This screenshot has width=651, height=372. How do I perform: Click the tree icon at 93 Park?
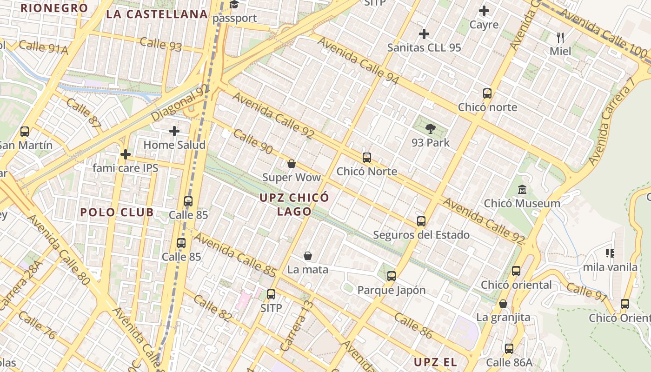pos(430,129)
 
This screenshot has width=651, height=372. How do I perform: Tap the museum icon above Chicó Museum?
pos(522,190)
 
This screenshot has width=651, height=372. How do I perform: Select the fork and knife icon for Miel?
pos(560,37)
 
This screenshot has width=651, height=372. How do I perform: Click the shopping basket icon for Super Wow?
pos(292,164)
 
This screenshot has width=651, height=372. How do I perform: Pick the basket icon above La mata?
pos(307,256)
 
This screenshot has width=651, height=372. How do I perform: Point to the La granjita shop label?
pos(503,318)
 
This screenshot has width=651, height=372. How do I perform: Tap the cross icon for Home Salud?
pos(174,131)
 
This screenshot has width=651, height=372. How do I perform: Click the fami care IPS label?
pos(126,168)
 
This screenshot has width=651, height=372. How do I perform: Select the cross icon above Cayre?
pos(484,11)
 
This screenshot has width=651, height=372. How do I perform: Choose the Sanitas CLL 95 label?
pos(424,47)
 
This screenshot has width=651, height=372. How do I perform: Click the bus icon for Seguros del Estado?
pos(421,221)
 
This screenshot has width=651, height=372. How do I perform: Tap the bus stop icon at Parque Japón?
pos(392,276)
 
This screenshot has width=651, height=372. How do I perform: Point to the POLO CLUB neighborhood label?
pos(117,213)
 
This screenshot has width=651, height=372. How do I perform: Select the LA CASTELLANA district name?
pos(157,14)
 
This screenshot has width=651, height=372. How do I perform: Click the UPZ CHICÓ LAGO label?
pos(294,204)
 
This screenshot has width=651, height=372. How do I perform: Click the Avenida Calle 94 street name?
pos(358,60)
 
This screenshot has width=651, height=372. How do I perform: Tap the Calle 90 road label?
pos(253,142)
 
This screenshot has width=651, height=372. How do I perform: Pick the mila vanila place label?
pos(610,267)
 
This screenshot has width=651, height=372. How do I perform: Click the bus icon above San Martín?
pos(25,132)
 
